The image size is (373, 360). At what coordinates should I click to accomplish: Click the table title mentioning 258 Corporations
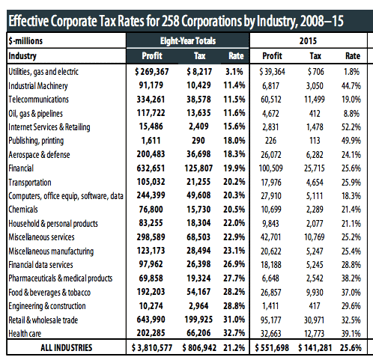pyautogui.click(x=176, y=21)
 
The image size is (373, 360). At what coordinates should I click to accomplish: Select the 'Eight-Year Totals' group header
pyautogui.click(x=188, y=41)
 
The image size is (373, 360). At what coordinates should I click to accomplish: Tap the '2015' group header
pyautogui.click(x=308, y=41)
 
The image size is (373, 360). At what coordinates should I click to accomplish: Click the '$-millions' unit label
pyautogui.click(x=25, y=41)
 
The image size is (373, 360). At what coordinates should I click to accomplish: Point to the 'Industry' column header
pyautogui.click(x=22, y=56)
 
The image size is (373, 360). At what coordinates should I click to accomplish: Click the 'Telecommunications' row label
pyautogui.click(x=38, y=100)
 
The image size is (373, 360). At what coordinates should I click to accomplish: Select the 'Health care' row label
pyautogui.click(x=25, y=333)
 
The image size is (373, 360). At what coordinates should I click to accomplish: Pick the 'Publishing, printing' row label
pyautogui.click(x=36, y=141)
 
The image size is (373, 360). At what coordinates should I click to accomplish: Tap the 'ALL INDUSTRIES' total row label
pyautogui.click(x=67, y=347)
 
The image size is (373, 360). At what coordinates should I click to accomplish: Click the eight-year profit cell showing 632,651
pyautogui.click(x=151, y=168)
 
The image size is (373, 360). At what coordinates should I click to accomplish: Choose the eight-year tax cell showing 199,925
pyautogui.click(x=198, y=320)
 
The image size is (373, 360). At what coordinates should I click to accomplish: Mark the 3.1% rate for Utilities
pyautogui.click(x=234, y=72)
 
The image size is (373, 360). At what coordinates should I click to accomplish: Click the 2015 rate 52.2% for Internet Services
pyautogui.click(x=351, y=127)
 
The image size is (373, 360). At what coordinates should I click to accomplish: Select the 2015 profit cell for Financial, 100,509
pyautogui.click(x=271, y=168)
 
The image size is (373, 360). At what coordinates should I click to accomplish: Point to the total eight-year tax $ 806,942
pyautogui.click(x=199, y=348)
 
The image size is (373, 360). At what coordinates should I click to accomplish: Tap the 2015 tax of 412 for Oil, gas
pyautogui.click(x=315, y=114)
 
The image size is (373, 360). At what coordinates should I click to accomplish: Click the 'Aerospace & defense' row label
pyautogui.click(x=39, y=155)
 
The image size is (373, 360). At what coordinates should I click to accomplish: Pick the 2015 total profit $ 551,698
pyautogui.click(x=272, y=348)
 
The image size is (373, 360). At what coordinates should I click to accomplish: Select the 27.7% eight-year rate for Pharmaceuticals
pyautogui.click(x=234, y=278)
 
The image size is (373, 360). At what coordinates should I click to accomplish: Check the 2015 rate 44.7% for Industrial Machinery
pyautogui.click(x=351, y=86)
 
